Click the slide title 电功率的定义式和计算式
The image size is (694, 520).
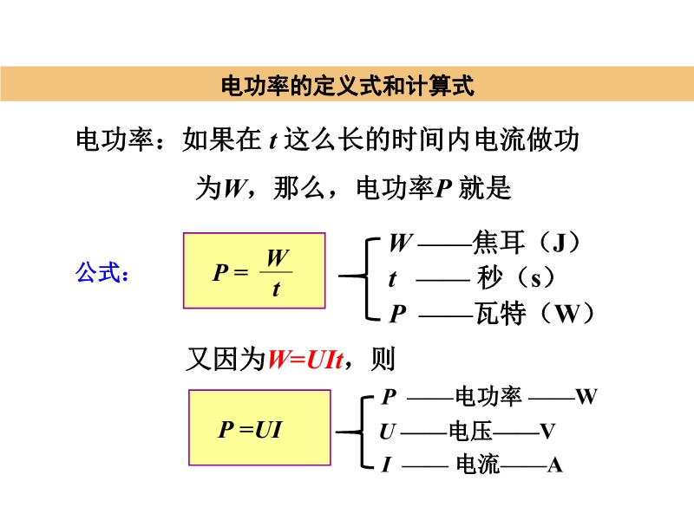coord(348,85)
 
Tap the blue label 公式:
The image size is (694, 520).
coord(102,272)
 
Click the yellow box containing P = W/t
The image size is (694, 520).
coord(254,270)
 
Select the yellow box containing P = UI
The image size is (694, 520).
coord(259,427)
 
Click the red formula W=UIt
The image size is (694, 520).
coord(305,359)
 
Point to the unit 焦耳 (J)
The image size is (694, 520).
coord(526,243)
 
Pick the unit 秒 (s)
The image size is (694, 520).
coord(516,277)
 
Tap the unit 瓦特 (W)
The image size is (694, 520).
coord(534,313)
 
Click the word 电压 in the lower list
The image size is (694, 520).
coord(470,431)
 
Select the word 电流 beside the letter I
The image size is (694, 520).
coord(478,465)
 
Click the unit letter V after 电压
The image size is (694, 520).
coord(547,431)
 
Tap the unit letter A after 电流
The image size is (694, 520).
coord(554,465)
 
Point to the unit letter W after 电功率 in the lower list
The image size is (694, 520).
coord(586,397)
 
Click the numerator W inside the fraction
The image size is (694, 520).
coord(278,257)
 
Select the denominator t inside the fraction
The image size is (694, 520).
coord(276,289)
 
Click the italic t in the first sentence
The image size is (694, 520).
coord(273,141)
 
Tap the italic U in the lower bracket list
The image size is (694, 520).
coord(387,432)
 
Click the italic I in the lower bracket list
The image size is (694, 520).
coord(386,465)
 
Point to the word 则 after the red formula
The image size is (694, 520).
coord(383,359)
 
